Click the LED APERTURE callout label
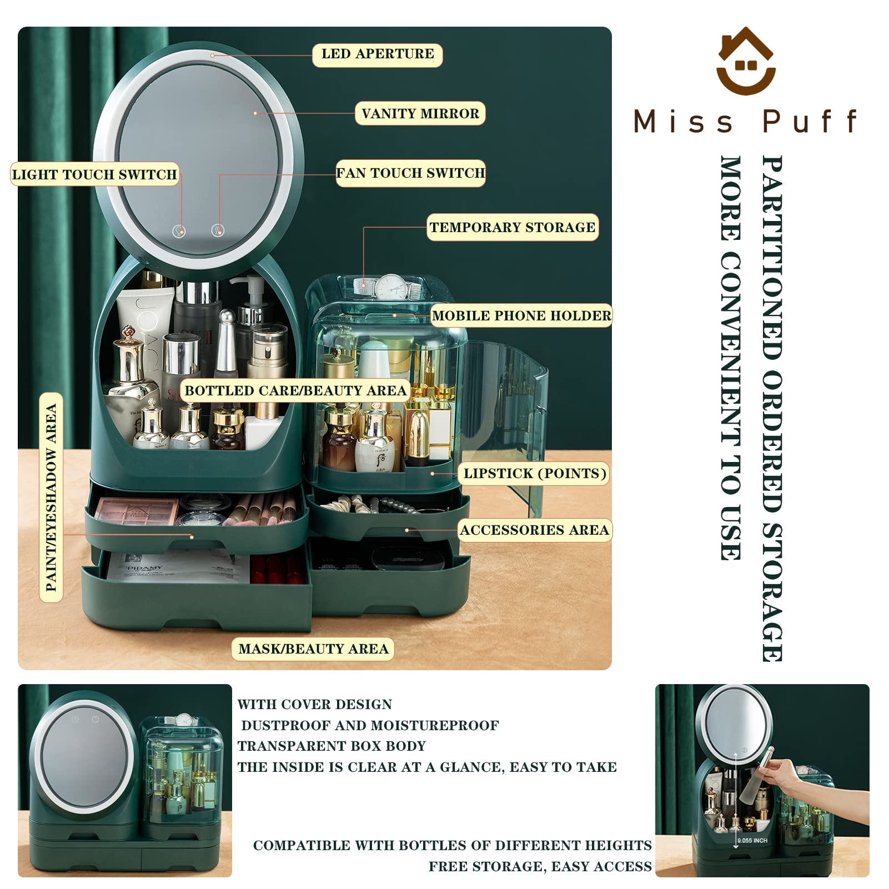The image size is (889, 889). pyautogui.click(x=378, y=54)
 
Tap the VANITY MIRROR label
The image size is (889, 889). pyautogui.click(x=420, y=114)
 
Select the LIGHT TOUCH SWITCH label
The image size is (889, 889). pyautogui.click(x=94, y=174)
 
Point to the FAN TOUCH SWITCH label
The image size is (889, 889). pyautogui.click(x=411, y=173)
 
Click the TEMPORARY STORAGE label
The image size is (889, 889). pyautogui.click(x=513, y=228)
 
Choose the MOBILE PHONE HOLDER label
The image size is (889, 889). pyautogui.click(x=522, y=316)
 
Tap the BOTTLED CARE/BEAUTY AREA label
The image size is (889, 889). pyautogui.click(x=295, y=390)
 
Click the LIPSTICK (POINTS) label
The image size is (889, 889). pyautogui.click(x=535, y=474)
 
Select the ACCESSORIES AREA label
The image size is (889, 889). pyautogui.click(x=535, y=530)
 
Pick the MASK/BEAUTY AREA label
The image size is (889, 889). pyautogui.click(x=313, y=649)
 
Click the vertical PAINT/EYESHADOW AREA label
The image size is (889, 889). pyautogui.click(x=51, y=498)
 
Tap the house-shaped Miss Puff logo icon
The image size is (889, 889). pyautogui.click(x=746, y=61)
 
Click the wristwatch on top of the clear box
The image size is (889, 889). pyautogui.click(x=391, y=287)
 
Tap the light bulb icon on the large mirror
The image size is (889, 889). pyautogui.click(x=179, y=231)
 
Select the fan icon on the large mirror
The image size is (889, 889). pyautogui.click(x=218, y=230)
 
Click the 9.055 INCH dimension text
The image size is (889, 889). pyautogui.click(x=752, y=841)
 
